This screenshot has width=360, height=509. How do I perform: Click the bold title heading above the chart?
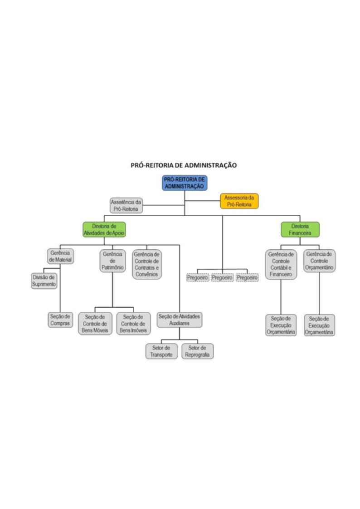tap(184, 165)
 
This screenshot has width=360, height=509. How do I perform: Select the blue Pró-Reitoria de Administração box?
tap(185, 183)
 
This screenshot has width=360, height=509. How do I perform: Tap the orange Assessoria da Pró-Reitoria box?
tap(239, 201)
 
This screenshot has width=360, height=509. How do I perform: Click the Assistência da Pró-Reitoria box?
tap(126, 205)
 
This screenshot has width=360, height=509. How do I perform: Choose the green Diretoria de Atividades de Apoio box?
tap(104, 229)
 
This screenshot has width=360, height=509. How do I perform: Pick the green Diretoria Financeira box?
tap(300, 229)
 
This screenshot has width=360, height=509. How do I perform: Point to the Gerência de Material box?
tap(60, 257)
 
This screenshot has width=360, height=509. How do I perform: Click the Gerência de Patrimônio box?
tap(112, 261)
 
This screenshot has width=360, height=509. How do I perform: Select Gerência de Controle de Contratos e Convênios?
tap(146, 264)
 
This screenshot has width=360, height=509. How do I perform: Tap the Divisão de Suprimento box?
tap(44, 281)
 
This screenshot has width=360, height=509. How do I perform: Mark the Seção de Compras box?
tap(60, 320)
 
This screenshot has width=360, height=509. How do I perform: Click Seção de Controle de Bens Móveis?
tap(95, 324)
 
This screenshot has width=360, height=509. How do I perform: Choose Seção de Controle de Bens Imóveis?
tap(133, 324)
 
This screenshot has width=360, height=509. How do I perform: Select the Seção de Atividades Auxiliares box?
tap(179, 320)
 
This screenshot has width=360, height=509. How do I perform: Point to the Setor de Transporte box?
tap(161, 351)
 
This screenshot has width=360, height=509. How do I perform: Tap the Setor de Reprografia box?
tap(197, 351)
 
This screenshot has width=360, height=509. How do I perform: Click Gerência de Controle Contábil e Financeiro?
tap(281, 264)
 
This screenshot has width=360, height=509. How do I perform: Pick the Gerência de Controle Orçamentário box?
tap(319, 261)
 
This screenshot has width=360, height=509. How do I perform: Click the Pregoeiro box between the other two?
tap(222, 277)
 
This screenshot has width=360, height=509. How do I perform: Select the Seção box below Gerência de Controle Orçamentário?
tap(319, 325)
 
